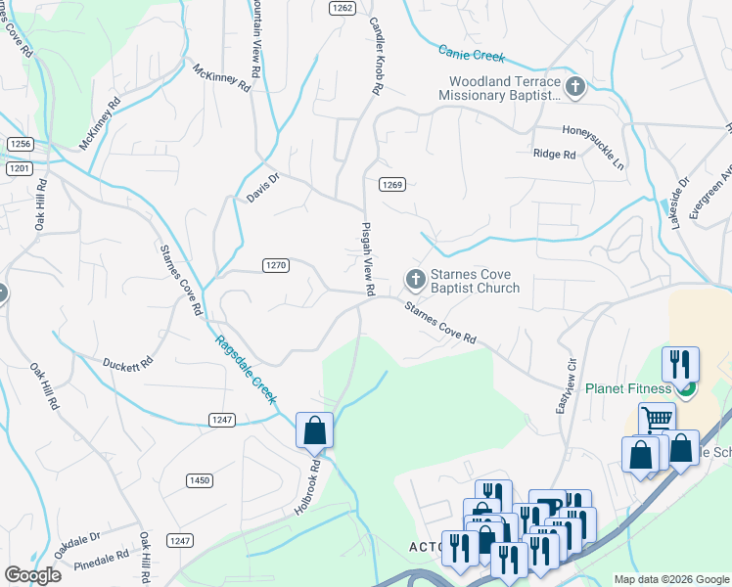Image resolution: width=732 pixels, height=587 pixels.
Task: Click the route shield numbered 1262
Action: [342, 7]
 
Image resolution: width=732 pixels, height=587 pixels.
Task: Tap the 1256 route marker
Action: [21, 144]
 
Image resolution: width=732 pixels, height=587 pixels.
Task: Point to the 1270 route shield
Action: [275, 265]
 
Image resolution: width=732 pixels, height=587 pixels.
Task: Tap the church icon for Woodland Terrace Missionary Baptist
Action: [574, 88]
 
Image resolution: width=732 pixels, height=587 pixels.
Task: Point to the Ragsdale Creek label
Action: [246, 370]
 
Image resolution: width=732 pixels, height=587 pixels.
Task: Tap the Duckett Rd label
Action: [129, 362]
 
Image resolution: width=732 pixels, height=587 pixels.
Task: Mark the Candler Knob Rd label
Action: [374, 55]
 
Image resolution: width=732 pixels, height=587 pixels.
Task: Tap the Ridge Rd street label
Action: [552, 154]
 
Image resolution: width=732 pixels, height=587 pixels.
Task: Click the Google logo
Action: [32, 574]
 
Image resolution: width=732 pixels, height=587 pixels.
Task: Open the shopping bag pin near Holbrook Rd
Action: [314, 430]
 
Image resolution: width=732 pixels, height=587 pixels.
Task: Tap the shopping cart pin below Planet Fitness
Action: [657, 420]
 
